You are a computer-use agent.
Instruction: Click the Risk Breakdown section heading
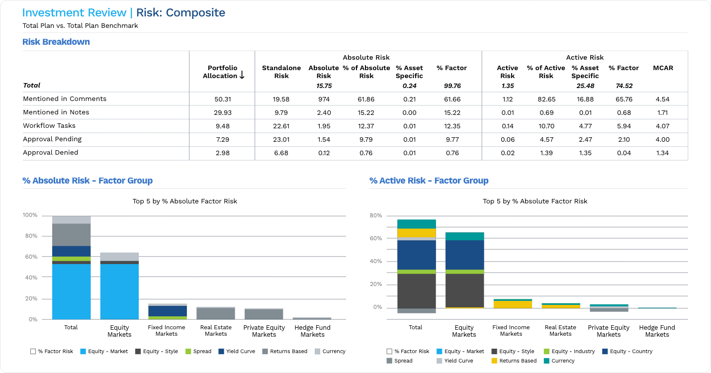56,42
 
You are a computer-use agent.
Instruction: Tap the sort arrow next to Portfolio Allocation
242,75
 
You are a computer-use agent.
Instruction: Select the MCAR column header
663,68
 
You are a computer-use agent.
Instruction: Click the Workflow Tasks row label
49,126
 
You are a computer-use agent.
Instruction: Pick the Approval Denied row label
50,153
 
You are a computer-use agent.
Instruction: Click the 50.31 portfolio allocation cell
222,99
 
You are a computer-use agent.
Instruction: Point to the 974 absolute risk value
324,99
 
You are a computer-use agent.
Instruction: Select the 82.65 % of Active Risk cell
546,99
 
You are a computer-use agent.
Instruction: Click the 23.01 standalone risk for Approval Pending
281,139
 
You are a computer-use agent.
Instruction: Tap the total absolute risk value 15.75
324,86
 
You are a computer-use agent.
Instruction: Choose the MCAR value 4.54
662,99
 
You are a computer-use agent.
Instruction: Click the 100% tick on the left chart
30,215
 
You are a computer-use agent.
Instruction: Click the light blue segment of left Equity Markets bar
119,291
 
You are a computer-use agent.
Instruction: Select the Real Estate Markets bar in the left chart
216,313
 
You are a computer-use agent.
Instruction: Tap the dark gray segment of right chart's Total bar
416,291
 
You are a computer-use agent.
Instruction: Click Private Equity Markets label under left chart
264,331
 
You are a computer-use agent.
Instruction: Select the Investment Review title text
75,13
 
